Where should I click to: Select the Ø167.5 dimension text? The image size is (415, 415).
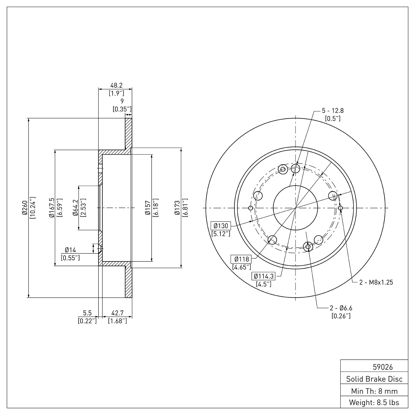tap(51, 208)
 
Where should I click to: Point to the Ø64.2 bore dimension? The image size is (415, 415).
tap(75, 208)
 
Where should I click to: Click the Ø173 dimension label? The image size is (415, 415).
tap(177, 208)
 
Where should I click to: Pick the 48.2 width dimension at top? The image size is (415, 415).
tap(116, 85)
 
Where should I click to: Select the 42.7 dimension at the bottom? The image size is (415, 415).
tap(117, 313)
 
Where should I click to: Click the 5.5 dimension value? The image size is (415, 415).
tap(87, 313)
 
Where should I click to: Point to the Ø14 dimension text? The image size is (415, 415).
tap(70, 250)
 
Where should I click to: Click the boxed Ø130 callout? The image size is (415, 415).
tap(221, 226)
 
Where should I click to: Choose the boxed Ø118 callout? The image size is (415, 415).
tap(242, 259)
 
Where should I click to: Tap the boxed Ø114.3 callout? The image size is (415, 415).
tap(264, 276)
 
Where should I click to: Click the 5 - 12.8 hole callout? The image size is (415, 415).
tap(333, 111)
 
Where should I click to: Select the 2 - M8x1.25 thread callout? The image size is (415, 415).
tap(376, 282)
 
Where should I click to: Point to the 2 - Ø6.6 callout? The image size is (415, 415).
tap(341, 308)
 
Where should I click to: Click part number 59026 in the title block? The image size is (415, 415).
tap(383, 367)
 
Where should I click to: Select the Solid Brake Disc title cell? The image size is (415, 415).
tap(374, 379)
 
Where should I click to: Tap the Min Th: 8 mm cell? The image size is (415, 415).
tap(374, 391)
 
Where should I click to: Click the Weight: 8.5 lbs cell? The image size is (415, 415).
tap(374, 403)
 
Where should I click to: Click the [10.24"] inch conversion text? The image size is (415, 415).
tap(33, 208)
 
